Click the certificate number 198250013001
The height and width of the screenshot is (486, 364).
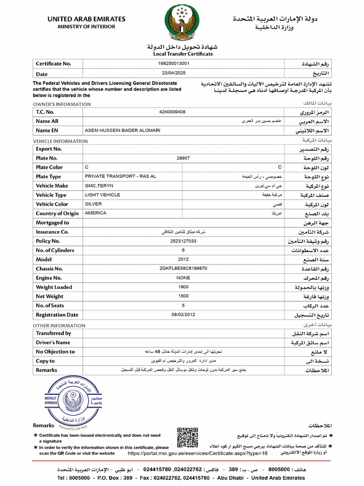click(x=173, y=63)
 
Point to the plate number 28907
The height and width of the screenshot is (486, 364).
click(x=183, y=158)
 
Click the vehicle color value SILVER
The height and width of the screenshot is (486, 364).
click(x=93, y=204)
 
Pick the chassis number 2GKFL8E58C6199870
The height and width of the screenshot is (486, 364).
click(x=183, y=269)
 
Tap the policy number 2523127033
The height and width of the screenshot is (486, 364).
click(x=183, y=241)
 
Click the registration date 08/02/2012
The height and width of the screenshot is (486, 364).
click(x=183, y=315)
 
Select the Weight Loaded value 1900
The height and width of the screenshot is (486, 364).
click(x=183, y=287)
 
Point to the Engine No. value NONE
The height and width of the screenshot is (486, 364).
click(x=183, y=278)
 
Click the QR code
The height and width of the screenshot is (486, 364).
click(x=187, y=438)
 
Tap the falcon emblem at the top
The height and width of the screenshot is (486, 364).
click(x=182, y=23)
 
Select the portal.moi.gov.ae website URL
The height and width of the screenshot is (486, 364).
click(x=198, y=453)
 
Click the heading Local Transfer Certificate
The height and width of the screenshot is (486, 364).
click(x=182, y=54)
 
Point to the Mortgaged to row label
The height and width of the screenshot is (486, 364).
click(x=52, y=223)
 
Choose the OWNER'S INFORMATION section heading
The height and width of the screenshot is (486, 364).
click(x=62, y=104)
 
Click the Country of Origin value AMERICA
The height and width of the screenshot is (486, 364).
click(x=95, y=213)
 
